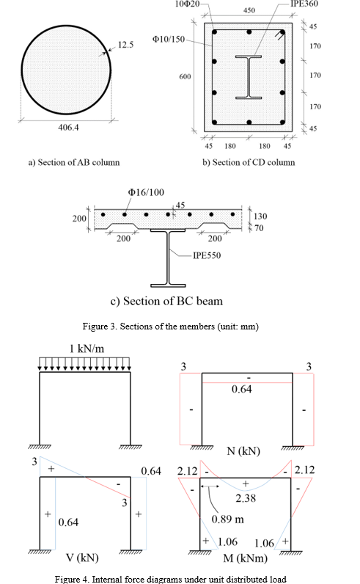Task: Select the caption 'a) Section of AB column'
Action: [73, 162]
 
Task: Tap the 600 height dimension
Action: [185, 76]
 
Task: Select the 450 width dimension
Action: [249, 12]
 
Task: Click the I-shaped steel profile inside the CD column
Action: [249, 76]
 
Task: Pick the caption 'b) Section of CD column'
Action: [249, 162]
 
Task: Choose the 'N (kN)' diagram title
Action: [242, 450]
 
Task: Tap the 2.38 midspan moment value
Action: [246, 498]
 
